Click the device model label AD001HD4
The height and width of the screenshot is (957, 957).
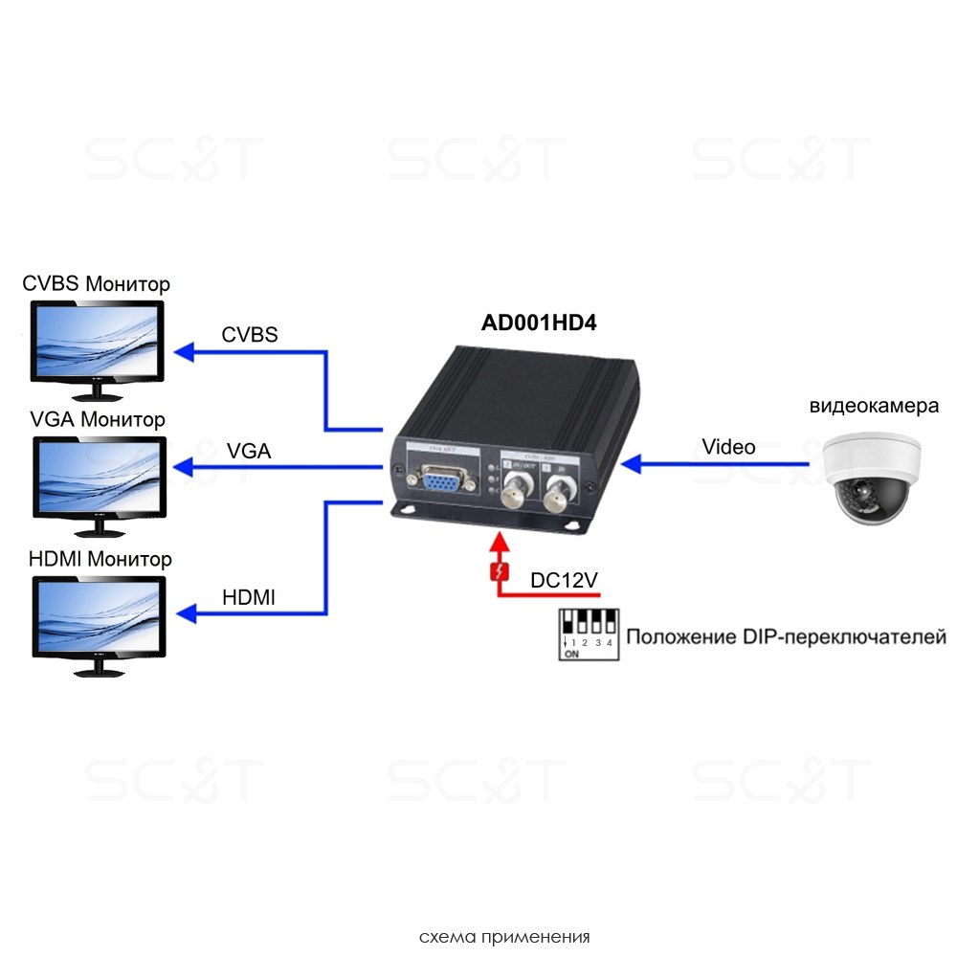(x=539, y=323)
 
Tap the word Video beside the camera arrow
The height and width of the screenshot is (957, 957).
(x=728, y=447)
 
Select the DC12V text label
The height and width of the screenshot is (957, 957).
(x=565, y=579)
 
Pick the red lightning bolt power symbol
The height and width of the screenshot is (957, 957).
(x=497, y=572)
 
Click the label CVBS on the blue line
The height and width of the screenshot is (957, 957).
(x=250, y=335)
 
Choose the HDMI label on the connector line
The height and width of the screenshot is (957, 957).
(x=249, y=597)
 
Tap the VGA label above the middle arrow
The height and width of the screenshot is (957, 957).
(x=249, y=451)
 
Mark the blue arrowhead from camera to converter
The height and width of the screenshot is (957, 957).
(x=630, y=464)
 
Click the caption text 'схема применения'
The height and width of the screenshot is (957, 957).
(x=504, y=936)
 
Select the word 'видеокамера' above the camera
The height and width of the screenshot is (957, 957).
(x=874, y=406)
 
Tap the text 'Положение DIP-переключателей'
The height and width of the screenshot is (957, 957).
(x=786, y=637)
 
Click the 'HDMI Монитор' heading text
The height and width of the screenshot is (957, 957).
(x=100, y=559)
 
